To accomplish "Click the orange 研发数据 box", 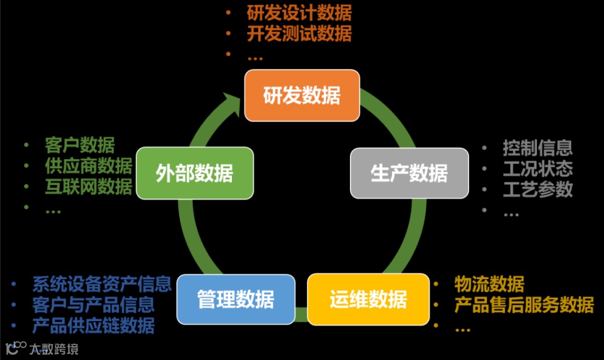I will (301, 95).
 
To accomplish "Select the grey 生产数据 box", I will (409, 173).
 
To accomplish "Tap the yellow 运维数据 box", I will (368, 299).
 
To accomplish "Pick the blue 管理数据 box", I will (236, 298).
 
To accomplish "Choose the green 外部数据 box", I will (195, 173).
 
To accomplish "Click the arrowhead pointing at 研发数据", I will (232, 101).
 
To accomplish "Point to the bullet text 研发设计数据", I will (299, 13).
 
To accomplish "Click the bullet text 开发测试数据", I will (299, 34).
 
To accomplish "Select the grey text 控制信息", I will (537, 147).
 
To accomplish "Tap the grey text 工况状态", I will (537, 168).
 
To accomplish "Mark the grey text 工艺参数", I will (537, 189).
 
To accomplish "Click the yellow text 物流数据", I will (489, 283).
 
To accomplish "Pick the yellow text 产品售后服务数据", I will (524, 305).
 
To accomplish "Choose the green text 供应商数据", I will (88, 166).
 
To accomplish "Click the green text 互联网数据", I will (88, 187).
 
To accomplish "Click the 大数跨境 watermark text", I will (55, 348).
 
